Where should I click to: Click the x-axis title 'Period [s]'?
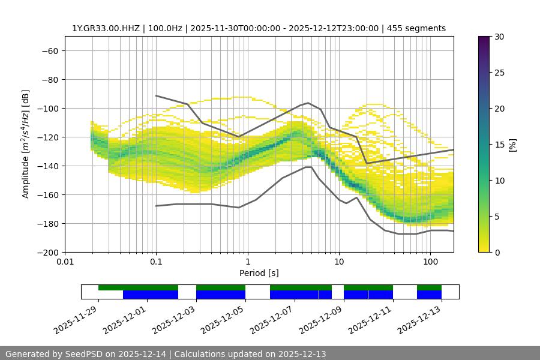point(259,273)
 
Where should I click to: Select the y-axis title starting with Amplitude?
point(26,144)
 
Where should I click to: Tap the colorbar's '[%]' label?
point(512,145)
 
